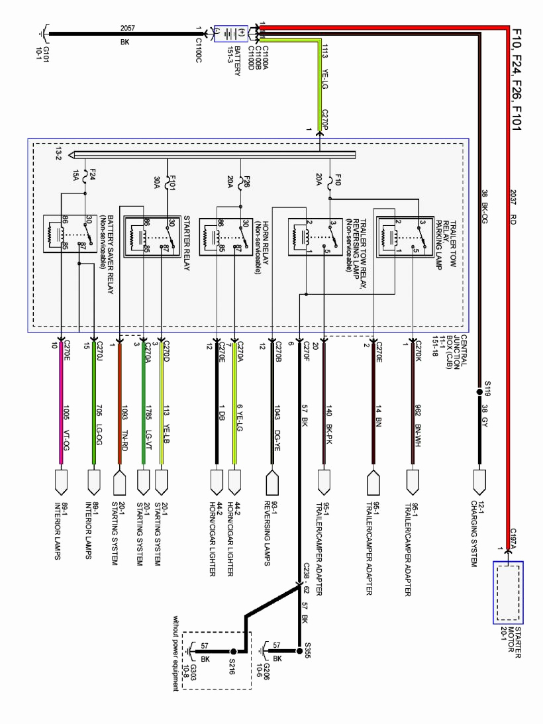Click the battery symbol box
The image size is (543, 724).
(x=231, y=34)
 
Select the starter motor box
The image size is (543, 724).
(x=508, y=592)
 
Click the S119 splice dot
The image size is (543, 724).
(x=479, y=392)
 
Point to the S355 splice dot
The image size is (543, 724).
(x=299, y=651)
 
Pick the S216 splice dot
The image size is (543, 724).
(x=233, y=652)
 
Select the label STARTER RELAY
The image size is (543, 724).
(x=187, y=243)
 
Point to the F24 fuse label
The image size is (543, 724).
(x=92, y=174)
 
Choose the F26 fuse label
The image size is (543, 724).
(x=247, y=181)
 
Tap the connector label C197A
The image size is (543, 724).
(x=513, y=539)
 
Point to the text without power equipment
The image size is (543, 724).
(x=175, y=653)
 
